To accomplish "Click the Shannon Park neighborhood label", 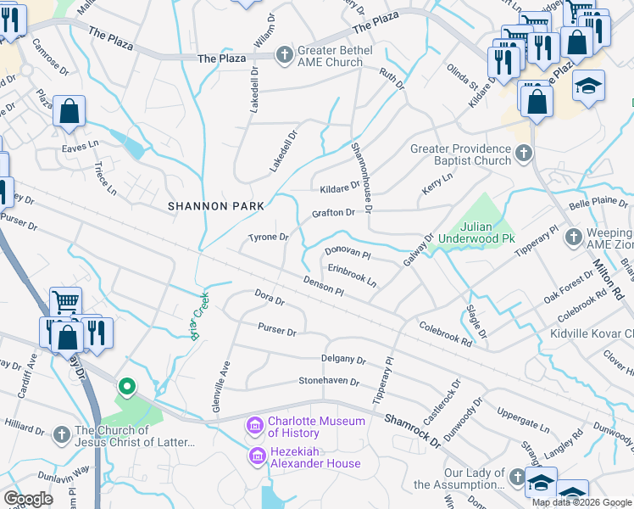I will [216, 206].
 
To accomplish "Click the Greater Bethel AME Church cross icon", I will [285, 54].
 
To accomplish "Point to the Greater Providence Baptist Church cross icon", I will [524, 154].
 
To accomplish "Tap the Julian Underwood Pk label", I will [487, 233].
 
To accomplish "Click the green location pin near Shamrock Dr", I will [127, 388].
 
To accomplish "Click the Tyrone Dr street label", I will [268, 238].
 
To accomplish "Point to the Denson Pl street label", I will [323, 286].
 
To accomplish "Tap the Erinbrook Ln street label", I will [352, 271].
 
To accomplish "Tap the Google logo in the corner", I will [29, 499].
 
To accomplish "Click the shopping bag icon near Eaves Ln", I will [69, 111].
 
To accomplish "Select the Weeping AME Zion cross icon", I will [574, 237].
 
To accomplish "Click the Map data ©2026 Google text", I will [581, 502].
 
